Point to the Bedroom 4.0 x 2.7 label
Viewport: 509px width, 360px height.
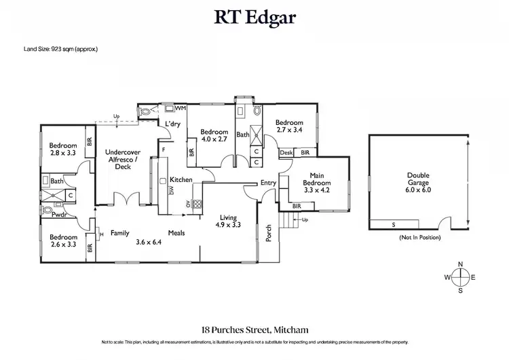coord(213,134)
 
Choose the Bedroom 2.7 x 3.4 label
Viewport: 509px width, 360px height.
coord(289,126)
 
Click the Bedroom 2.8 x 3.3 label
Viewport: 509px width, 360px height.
coord(64,149)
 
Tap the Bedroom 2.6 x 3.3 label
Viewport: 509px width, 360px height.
coord(63,241)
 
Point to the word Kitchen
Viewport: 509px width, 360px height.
coord(181,179)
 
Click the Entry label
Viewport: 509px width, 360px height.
coord(269,183)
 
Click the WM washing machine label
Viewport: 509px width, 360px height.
coord(181,108)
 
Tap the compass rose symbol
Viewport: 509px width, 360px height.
coord(460,277)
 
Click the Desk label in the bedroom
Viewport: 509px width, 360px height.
coord(286,153)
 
